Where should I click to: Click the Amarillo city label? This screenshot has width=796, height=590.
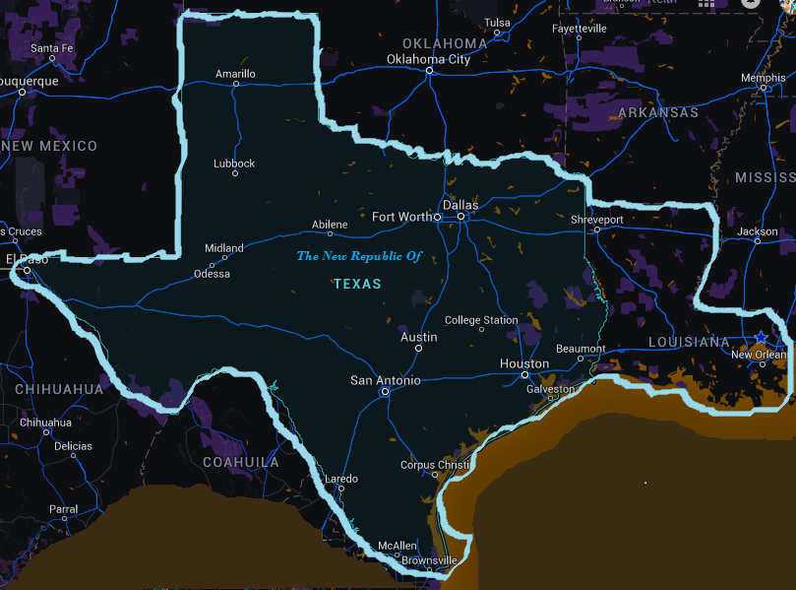tap(235, 74)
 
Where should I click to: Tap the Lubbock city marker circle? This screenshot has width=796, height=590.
tap(235, 173)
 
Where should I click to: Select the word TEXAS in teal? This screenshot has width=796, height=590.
tap(357, 284)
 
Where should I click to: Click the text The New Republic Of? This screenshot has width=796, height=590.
tap(359, 256)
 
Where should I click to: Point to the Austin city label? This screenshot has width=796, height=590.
tap(419, 337)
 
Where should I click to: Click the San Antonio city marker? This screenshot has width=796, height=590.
tap(385, 391)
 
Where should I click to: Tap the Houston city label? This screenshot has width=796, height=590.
tap(524, 363)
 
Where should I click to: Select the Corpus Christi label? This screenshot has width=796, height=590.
tap(435, 465)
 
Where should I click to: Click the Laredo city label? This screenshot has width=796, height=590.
tap(341, 479)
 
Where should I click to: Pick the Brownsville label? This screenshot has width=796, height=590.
tap(429, 560)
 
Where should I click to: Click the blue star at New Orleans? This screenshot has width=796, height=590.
tap(761, 338)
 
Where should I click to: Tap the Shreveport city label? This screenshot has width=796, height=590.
tap(597, 219)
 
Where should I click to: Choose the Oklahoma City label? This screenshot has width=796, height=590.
tap(428, 59)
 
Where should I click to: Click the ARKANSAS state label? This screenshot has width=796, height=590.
tap(658, 112)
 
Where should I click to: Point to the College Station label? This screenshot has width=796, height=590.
tap(481, 320)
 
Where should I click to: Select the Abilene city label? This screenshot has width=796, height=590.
tap(330, 225)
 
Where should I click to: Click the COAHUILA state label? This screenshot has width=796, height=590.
tap(241, 462)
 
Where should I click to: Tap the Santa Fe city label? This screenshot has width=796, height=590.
tap(52, 47)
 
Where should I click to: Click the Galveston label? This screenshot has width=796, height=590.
tap(551, 389)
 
